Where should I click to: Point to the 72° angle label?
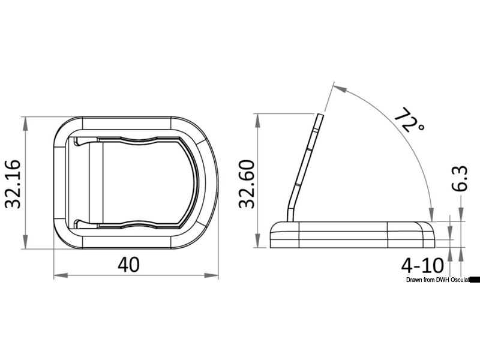click(x=409, y=121)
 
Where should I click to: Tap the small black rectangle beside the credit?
click(x=475, y=280)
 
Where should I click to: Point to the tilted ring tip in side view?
click(x=321, y=116)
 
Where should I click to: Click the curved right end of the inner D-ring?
click(x=196, y=182)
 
